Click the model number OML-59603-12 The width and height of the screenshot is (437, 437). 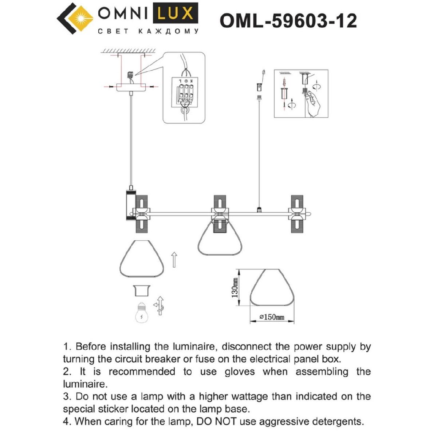pyautogui.click(x=288, y=21)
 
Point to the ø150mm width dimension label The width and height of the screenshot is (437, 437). pyautogui.click(x=272, y=317)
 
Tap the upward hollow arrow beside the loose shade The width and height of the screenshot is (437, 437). pyautogui.click(x=174, y=259)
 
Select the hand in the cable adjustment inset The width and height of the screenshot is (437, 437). pyautogui.click(x=312, y=104)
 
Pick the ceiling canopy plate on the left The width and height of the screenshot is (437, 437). pyautogui.click(x=130, y=87)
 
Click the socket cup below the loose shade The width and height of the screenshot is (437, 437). pyautogui.click(x=141, y=291)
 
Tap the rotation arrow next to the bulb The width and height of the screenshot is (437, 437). pyautogui.click(x=159, y=306)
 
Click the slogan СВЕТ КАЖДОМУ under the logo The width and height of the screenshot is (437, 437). pyautogui.click(x=149, y=32)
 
